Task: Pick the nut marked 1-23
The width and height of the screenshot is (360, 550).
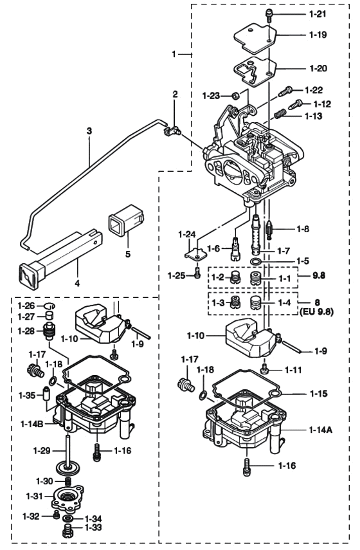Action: (235, 96)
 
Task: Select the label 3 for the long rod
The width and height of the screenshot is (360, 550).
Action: (89, 131)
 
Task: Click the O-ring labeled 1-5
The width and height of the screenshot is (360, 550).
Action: (256, 262)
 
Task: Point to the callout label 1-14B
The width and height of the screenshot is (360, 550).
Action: (33, 425)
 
